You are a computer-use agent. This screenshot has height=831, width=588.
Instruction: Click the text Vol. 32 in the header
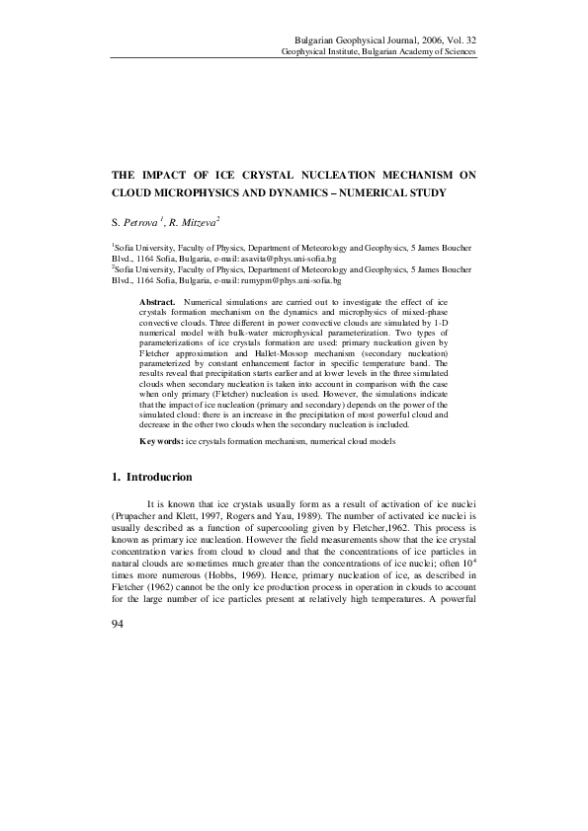tap(459, 37)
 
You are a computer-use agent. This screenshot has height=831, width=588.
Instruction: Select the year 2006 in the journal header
tap(424, 37)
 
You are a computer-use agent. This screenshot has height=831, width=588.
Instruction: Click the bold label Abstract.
tap(158, 300)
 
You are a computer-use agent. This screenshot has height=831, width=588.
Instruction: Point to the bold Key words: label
tap(161, 441)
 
